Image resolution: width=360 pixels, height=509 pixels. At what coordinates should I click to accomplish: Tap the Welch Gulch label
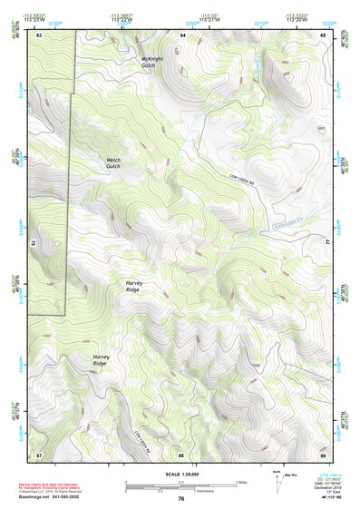[x=112, y=163]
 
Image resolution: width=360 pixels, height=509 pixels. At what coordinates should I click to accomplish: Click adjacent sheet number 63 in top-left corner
[x=40, y=34]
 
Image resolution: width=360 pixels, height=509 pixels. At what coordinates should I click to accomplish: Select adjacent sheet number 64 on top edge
[x=181, y=34]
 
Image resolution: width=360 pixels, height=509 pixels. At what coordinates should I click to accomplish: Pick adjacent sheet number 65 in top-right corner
[x=323, y=34]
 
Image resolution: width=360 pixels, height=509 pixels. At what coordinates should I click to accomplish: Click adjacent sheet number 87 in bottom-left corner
[x=40, y=454]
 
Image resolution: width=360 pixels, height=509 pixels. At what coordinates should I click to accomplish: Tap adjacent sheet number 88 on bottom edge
[x=181, y=454]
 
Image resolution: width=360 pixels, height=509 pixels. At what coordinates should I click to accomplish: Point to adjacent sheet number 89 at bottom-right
[x=323, y=454]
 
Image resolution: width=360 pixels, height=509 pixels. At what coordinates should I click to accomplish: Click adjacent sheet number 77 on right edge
[x=328, y=243]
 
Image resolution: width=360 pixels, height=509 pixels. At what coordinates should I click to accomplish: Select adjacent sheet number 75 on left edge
[x=34, y=243]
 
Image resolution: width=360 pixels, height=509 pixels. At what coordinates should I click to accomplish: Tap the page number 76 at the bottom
[x=181, y=499]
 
